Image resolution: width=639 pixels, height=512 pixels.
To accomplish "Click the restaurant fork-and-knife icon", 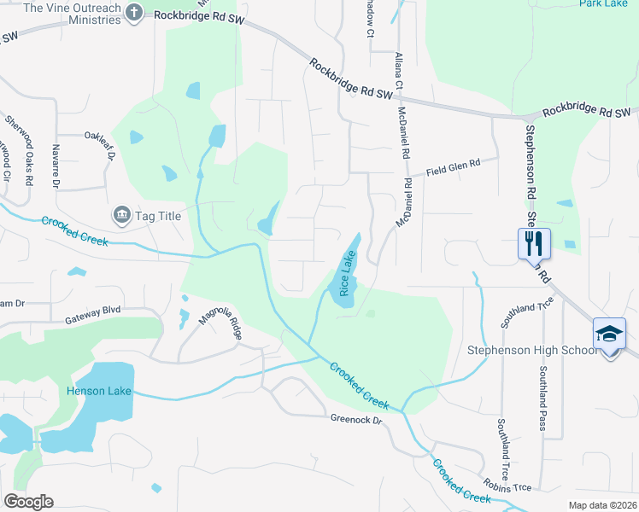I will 534,242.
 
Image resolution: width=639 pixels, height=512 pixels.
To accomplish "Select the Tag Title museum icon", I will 120,215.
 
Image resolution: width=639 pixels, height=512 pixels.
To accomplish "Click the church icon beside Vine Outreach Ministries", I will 134,11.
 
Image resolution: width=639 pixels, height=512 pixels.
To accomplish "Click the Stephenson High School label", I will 531,350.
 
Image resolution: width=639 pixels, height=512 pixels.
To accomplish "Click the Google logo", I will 28,501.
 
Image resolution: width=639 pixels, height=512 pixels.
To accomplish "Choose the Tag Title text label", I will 158,216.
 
